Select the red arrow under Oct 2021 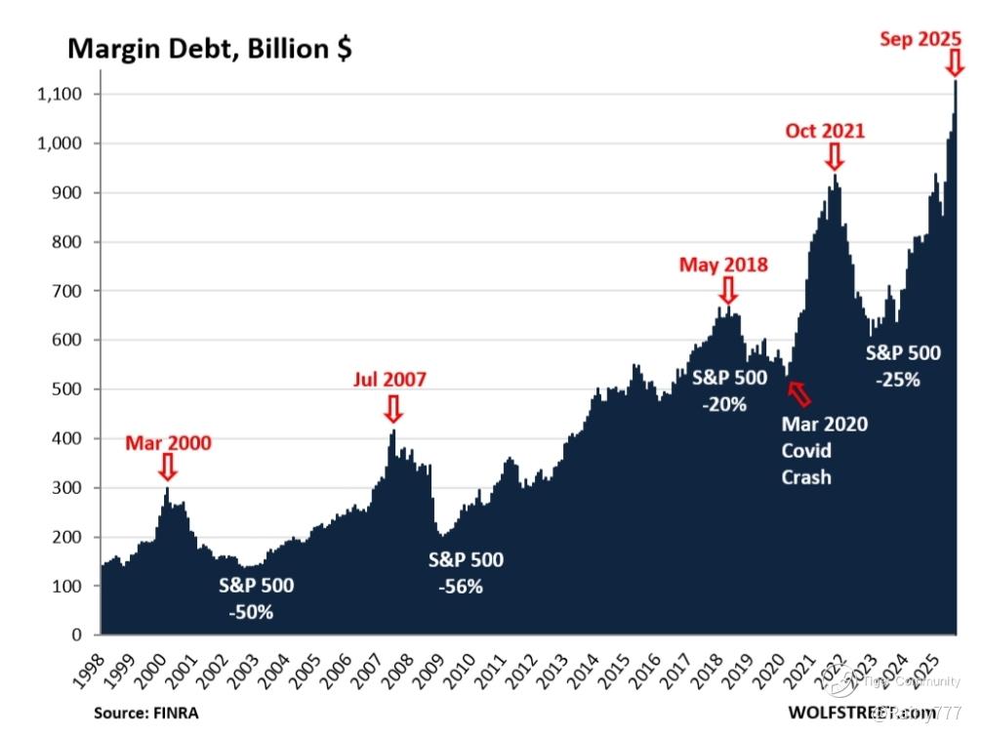tap(834, 156)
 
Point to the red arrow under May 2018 tap(727, 290)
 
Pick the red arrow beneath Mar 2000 tap(167, 467)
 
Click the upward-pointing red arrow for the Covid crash tap(798, 393)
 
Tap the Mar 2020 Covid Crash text tap(824, 450)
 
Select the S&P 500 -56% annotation tap(466, 573)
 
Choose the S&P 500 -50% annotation tap(256, 598)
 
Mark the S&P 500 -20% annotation tap(728, 390)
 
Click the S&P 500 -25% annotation tap(903, 366)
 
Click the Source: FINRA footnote tap(145, 713)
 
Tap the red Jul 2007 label tap(389, 380)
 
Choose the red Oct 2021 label tap(825, 131)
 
